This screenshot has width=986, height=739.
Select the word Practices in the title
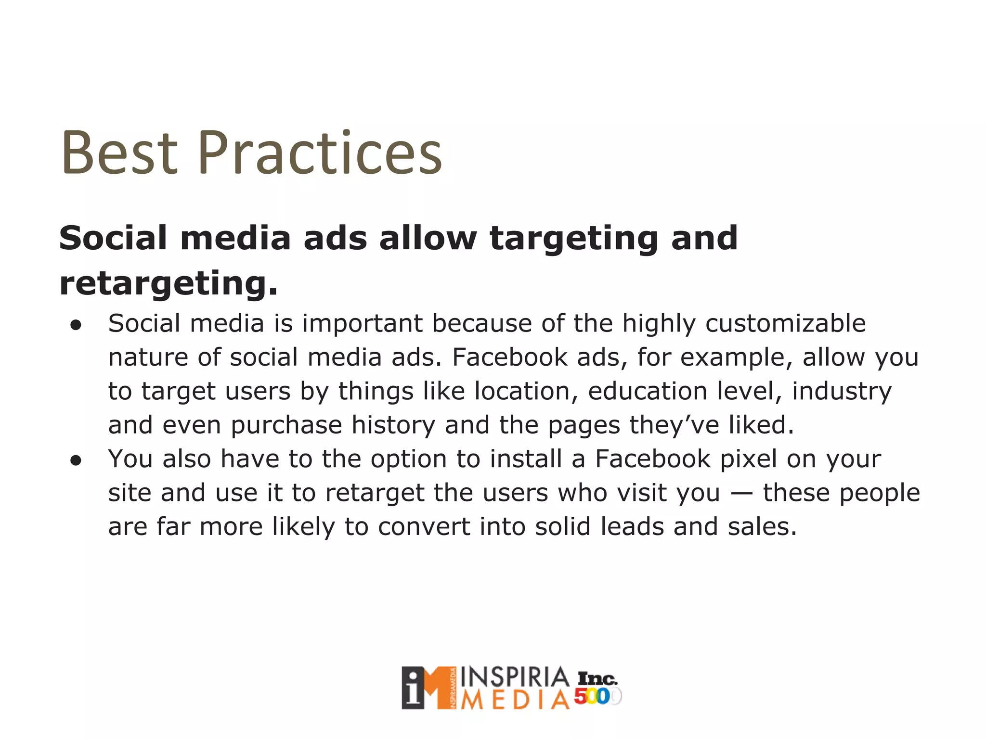pyautogui.click(x=320, y=153)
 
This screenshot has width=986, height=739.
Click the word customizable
pyautogui.click(x=786, y=323)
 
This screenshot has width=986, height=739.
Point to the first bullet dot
pyautogui.click(x=76, y=325)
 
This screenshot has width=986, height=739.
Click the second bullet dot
pyautogui.click(x=76, y=461)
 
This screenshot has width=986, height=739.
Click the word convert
pyautogui.click(x=424, y=527)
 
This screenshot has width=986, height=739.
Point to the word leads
pyautogui.click(x=632, y=527)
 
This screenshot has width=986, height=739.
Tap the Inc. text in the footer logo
pyautogui.click(x=597, y=679)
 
